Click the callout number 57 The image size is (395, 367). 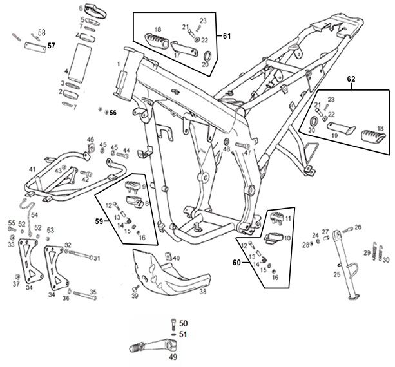52,46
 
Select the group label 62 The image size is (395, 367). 351,79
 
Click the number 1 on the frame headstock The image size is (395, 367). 119,64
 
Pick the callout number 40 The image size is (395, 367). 177,258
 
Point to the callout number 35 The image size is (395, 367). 93,292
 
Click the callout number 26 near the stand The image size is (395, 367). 358,226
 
